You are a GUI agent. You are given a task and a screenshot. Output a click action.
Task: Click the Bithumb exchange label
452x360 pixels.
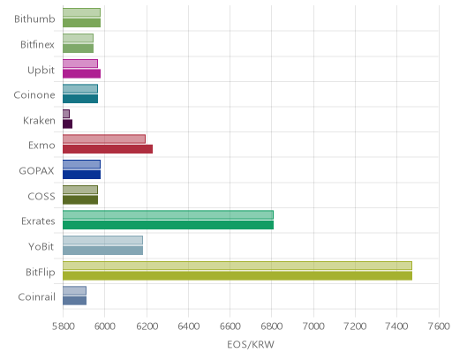pyautogui.click(x=34, y=19)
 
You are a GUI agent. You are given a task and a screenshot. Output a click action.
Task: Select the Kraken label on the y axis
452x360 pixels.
pyautogui.click(x=39, y=121)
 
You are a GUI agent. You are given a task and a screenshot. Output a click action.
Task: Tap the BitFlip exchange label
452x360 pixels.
pyautogui.click(x=41, y=272)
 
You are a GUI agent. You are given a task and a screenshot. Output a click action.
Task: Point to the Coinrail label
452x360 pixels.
pyautogui.click(x=37, y=297)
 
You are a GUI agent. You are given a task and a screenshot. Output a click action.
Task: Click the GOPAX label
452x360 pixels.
pyautogui.click(x=36, y=171)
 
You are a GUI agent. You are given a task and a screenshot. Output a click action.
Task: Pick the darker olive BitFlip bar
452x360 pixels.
pyautogui.click(x=237, y=276)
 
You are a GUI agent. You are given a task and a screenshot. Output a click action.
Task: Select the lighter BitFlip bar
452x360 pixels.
pyautogui.click(x=237, y=266)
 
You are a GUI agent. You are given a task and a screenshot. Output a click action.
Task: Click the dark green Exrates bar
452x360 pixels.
pyautogui.click(x=169, y=225)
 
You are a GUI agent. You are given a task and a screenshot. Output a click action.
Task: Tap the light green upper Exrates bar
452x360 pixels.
pyautogui.click(x=169, y=214)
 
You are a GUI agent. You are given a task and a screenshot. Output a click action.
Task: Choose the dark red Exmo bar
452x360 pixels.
pyautogui.click(x=108, y=149)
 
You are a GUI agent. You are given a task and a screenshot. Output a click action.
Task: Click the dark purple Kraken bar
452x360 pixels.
pyautogui.click(x=68, y=124)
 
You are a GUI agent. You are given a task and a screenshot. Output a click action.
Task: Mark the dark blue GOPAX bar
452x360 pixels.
pyautogui.click(x=82, y=175)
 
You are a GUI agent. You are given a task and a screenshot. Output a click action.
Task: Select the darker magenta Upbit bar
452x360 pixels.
pyautogui.click(x=82, y=73)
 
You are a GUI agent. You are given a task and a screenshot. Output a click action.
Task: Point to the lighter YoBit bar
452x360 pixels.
pyautogui.click(x=103, y=240)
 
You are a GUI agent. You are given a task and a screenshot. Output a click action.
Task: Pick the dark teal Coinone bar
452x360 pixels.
pyautogui.click(x=80, y=99)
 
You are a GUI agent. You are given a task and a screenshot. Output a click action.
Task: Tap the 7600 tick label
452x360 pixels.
pyautogui.click(x=439, y=326)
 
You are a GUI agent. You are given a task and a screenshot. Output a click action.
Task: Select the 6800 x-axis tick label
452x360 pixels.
pyautogui.click(x=272, y=326)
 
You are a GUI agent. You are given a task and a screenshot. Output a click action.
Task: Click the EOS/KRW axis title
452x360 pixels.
pyautogui.click(x=251, y=344)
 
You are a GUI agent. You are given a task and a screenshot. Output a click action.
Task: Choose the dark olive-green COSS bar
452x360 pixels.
pyautogui.click(x=80, y=199)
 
